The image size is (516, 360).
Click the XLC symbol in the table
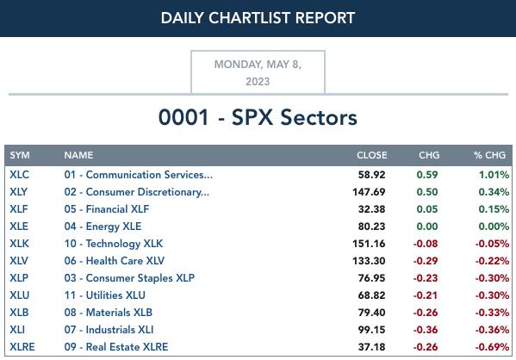pos(20,175)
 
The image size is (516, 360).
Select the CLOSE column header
pos(372,155)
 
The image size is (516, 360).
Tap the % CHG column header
pos(489,155)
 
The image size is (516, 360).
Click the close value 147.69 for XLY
pos(369,192)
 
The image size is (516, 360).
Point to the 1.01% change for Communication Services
pos(494,175)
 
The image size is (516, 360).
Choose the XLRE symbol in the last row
pos(22,347)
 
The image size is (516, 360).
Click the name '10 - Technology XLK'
pos(114,244)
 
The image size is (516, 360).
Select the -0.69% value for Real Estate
pos(492,347)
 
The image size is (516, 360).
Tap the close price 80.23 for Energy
pos(371,227)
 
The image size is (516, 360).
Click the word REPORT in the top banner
pos(325,18)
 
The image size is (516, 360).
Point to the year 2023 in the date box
pos(258,81)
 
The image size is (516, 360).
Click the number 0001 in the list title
pos(183,117)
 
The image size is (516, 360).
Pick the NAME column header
pos(78,155)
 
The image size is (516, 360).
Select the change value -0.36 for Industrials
pos(426,330)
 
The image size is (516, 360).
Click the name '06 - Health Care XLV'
pos(115,261)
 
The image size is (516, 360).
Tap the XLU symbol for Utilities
pos(20,295)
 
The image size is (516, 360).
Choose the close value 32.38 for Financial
pos(371,209)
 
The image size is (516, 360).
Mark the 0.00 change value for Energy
pos(427,227)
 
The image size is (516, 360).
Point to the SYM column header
pos(20,155)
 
